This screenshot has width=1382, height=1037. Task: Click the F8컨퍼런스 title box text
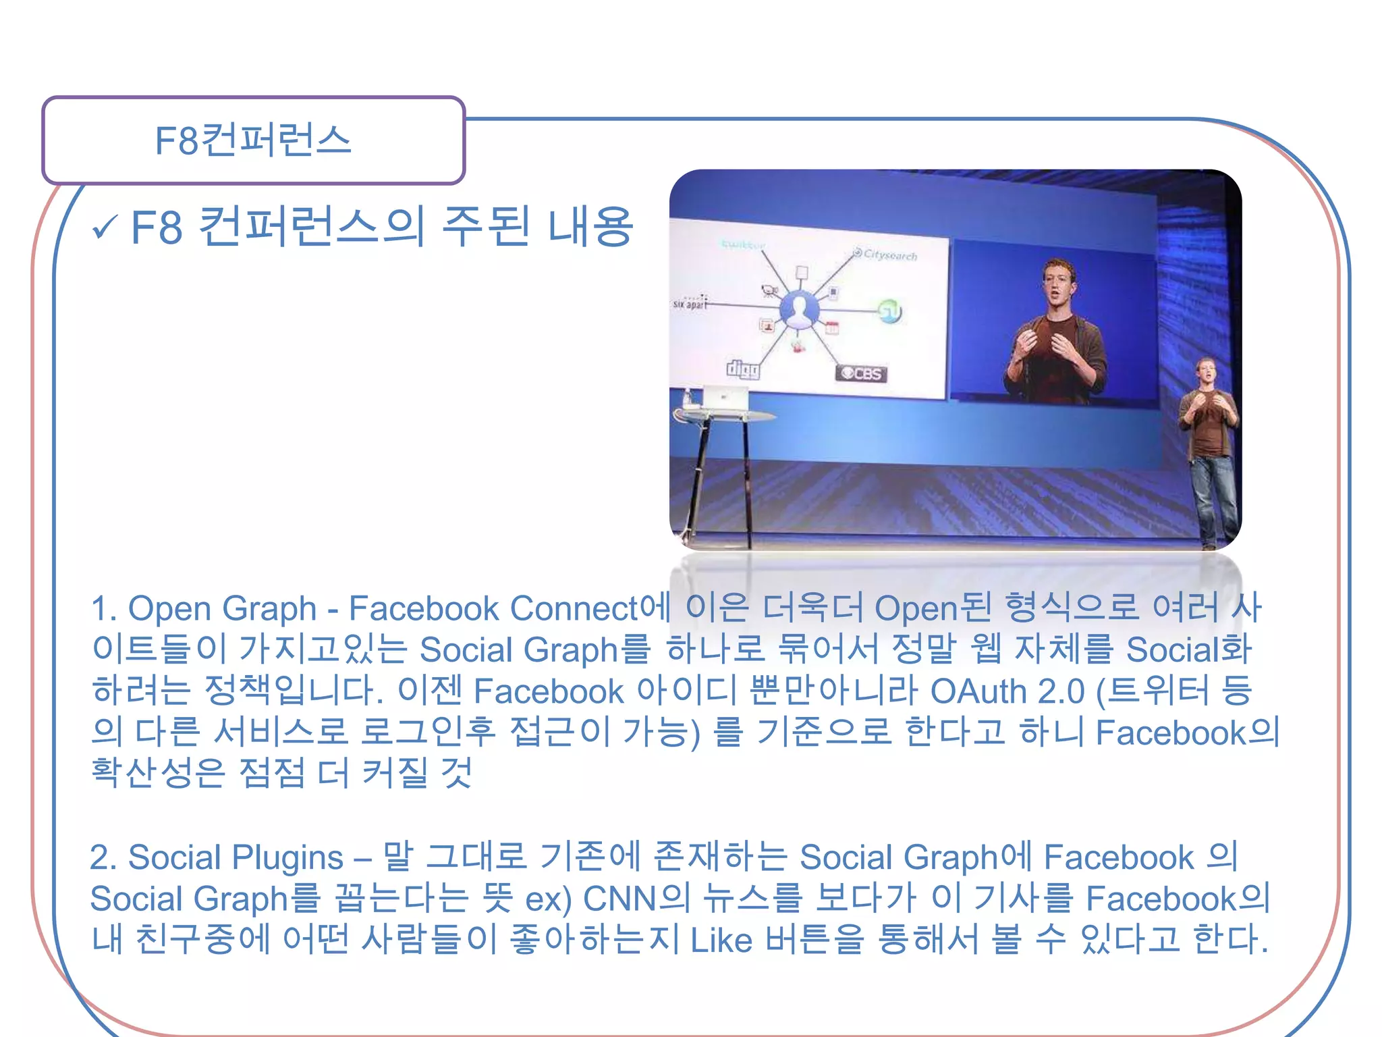(253, 140)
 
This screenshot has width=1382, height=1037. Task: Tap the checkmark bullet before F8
(105, 228)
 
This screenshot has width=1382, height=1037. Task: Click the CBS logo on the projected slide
(861, 373)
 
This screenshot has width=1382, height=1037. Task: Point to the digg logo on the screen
(742, 369)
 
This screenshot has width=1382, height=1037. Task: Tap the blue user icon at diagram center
(799, 311)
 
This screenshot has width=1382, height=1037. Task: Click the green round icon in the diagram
(889, 311)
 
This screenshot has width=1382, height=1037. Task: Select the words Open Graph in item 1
(222, 608)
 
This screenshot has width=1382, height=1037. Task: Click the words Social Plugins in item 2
(236, 857)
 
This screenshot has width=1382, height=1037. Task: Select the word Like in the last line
(721, 940)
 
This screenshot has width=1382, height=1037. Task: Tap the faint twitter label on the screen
(742, 244)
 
